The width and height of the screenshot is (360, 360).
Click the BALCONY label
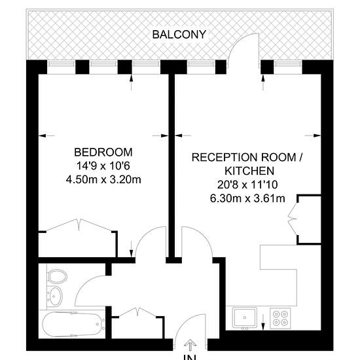pyautogui.click(x=179, y=35)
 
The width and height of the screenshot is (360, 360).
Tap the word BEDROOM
pyautogui.click(x=103, y=153)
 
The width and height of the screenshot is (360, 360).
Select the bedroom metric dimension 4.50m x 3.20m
pyautogui.click(x=103, y=179)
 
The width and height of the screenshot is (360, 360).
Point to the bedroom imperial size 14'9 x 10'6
pyautogui.click(x=103, y=166)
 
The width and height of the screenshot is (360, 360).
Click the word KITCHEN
pyautogui.click(x=249, y=171)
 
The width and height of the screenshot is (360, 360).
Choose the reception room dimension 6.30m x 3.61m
pyautogui.click(x=247, y=198)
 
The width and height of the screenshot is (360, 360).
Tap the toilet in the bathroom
pyautogui.click(x=57, y=276)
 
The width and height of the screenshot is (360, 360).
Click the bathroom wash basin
pyautogui.click(x=54, y=296)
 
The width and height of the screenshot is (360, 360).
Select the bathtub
pyautogui.click(x=73, y=324)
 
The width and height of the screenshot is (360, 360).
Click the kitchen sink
pyautogui.click(x=245, y=317)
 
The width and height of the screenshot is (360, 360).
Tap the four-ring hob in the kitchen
pyautogui.click(x=280, y=318)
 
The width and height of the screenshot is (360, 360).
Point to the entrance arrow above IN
pyautogui.click(x=190, y=344)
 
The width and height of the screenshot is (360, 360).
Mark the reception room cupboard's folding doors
pyautogui.click(x=293, y=219)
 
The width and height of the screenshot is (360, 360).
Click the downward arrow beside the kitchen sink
pyautogui.click(x=263, y=322)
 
